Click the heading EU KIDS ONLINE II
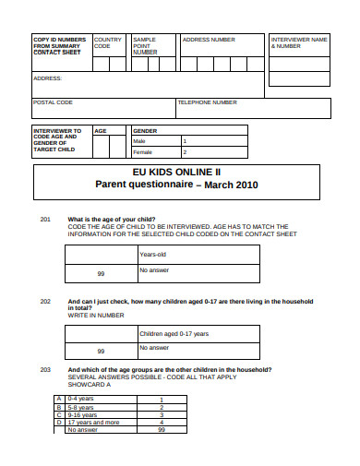point(176,172)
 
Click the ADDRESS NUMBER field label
point(209,40)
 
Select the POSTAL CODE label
point(53,102)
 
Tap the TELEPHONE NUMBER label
point(207,102)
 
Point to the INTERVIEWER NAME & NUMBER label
point(298,42)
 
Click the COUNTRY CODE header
point(107,42)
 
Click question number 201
point(45,219)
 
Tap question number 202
point(45,302)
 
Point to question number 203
point(45,369)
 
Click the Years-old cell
point(152,254)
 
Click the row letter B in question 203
point(60,407)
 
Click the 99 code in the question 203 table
point(161,430)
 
